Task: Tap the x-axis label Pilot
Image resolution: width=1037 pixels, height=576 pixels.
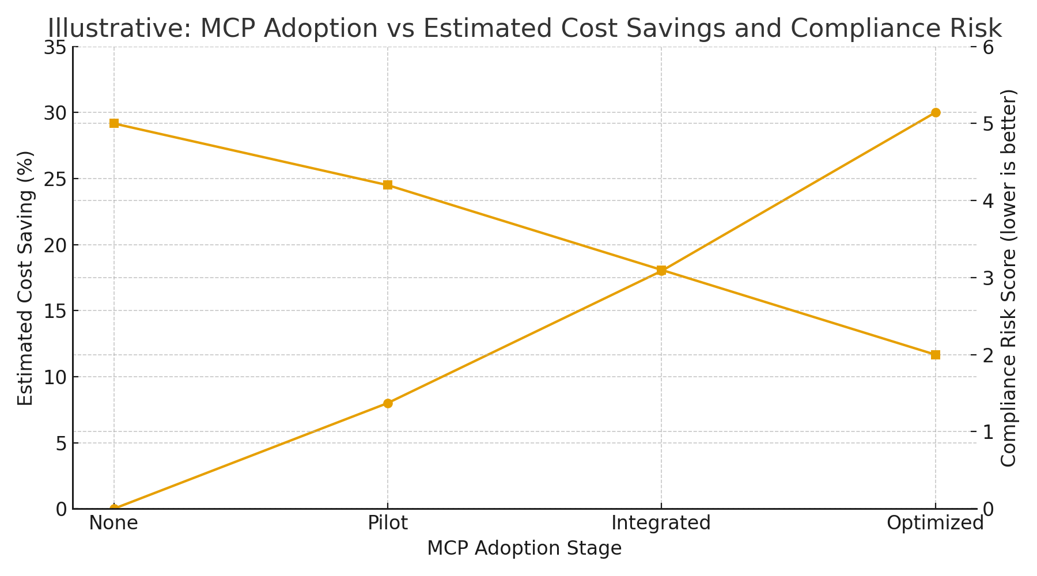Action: (x=388, y=523)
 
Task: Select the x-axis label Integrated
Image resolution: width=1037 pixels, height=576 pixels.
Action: (x=661, y=523)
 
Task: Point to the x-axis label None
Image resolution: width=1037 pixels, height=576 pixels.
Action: (x=113, y=523)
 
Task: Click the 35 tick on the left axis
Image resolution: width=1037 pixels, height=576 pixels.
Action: (x=55, y=47)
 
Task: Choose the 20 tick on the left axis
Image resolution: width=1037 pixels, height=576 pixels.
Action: (x=55, y=245)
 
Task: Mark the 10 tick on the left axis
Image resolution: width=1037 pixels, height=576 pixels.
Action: (x=55, y=377)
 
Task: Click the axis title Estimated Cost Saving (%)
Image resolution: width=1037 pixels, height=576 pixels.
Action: (x=25, y=278)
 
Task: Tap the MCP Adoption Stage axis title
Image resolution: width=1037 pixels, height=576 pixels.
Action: (x=524, y=548)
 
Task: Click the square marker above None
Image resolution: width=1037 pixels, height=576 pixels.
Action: (x=114, y=123)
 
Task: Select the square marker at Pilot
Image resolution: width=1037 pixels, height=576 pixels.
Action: (x=388, y=185)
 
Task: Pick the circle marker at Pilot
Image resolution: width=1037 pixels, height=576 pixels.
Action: (x=388, y=403)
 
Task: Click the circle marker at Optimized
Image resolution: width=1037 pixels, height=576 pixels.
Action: (x=936, y=112)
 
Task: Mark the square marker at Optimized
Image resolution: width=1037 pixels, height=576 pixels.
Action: (x=936, y=355)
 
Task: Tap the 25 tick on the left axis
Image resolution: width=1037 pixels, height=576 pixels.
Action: (x=55, y=179)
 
